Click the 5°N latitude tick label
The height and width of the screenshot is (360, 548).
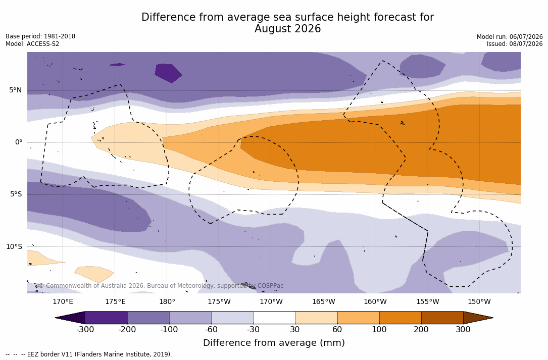tap(15, 90)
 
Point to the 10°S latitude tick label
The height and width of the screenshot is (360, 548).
tap(14, 247)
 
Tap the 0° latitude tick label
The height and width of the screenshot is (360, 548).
tap(19, 142)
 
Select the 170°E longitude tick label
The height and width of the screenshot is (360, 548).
tap(63, 301)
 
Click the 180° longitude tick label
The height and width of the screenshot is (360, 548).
tap(167, 301)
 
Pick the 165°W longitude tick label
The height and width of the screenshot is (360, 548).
tap(324, 301)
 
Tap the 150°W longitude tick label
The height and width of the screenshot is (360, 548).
tap(479, 301)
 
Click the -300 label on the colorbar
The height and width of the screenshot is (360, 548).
tap(85, 329)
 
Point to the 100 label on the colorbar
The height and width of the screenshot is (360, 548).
tap(379, 329)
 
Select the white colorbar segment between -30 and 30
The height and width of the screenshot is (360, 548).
tap(274, 318)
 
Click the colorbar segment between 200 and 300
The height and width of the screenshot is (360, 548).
tap(442, 318)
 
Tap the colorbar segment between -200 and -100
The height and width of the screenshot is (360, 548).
tap(148, 318)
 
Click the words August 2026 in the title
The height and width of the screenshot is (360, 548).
tap(287, 29)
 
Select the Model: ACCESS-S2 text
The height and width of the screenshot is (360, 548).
tap(32, 44)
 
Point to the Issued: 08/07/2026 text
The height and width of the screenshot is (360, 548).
tap(515, 44)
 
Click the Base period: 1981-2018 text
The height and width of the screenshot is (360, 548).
tap(40, 36)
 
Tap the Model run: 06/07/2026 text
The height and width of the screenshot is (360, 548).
tap(510, 37)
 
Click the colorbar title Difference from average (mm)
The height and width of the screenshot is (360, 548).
tap(274, 343)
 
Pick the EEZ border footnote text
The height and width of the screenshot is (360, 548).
tap(89, 354)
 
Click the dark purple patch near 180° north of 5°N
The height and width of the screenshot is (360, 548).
tap(168, 73)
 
